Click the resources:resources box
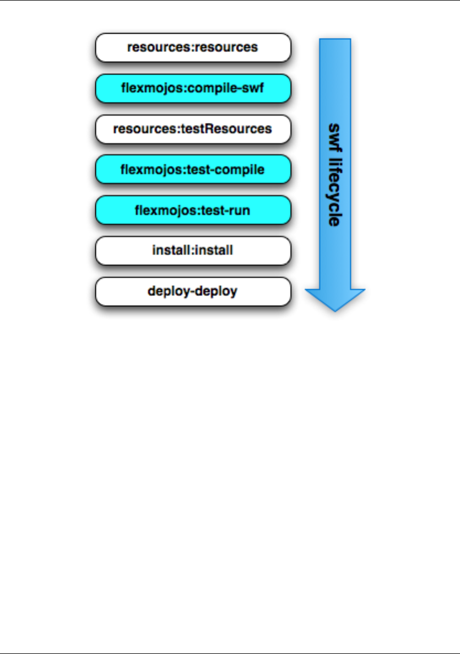click(x=193, y=47)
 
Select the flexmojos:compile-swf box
click(x=193, y=88)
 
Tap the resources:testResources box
click(x=193, y=129)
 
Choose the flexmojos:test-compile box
click(x=193, y=170)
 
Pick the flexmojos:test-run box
click(x=193, y=210)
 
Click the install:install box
click(x=193, y=251)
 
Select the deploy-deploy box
click(x=193, y=291)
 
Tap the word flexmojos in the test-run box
click(x=160, y=210)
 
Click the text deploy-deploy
click(x=193, y=291)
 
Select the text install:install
click(x=193, y=251)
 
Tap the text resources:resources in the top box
click(x=193, y=47)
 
